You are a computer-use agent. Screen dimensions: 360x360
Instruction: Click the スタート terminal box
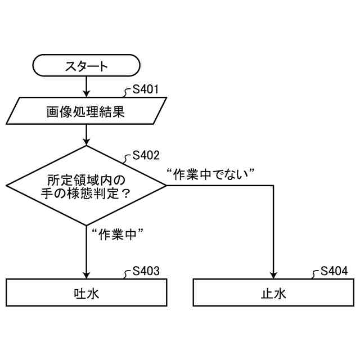(86, 66)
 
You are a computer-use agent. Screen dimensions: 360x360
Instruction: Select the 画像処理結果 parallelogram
(86, 111)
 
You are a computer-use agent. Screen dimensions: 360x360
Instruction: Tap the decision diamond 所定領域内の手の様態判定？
(86, 186)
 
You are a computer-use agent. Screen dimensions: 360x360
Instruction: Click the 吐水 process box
(86, 292)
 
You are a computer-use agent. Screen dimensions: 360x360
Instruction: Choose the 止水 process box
(274, 292)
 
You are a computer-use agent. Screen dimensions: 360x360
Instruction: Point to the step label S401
(145, 89)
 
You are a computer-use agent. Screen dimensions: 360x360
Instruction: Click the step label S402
(146, 155)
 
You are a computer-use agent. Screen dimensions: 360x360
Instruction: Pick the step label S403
(146, 271)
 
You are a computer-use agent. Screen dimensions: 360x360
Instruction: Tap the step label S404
(334, 271)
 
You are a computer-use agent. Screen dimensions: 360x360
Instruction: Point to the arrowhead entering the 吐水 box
(86, 274)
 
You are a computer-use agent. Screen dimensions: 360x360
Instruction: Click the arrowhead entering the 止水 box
(274, 274)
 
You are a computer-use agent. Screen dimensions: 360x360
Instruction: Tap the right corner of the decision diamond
(165, 186)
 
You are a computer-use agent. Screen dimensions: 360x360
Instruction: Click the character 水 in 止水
(281, 292)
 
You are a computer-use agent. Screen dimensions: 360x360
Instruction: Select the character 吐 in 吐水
(79, 292)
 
